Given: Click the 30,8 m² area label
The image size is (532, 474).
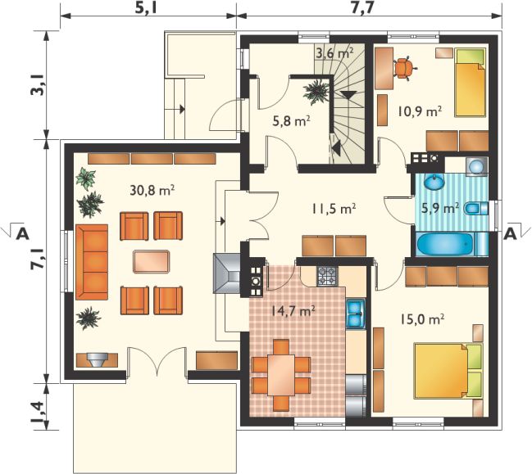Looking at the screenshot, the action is click(x=152, y=191).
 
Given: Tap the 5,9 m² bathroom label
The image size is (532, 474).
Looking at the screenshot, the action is click(x=440, y=208).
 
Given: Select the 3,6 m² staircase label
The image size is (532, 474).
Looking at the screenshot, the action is click(x=335, y=53).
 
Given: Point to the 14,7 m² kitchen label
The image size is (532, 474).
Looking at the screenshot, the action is click(x=293, y=310).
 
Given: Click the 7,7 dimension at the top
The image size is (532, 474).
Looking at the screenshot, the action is click(x=363, y=8).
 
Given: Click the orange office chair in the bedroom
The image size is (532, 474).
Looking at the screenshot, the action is click(x=404, y=69).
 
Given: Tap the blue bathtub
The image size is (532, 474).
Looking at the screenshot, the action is click(x=444, y=244).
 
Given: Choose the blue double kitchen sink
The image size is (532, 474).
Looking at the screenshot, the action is click(x=356, y=314).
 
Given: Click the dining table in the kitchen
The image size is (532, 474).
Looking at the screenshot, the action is click(x=280, y=375).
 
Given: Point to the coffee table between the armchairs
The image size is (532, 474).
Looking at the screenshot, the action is click(x=152, y=262).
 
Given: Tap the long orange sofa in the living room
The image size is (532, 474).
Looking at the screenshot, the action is click(x=92, y=262).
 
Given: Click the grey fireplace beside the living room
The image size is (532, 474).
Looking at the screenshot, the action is click(x=226, y=273).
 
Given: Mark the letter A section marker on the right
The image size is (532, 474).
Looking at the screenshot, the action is click(x=510, y=233).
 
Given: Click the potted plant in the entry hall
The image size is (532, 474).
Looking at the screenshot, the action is click(x=316, y=92).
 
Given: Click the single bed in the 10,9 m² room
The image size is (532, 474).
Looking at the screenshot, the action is click(x=470, y=83).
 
